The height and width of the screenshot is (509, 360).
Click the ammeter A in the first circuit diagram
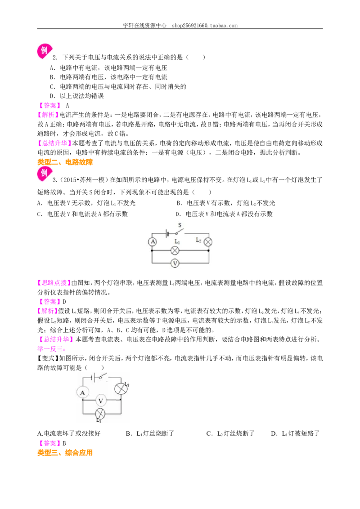coord(153,241)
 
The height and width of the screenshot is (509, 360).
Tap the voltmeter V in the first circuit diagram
coord(175,263)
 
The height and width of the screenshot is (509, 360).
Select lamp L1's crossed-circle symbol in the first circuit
coord(175,250)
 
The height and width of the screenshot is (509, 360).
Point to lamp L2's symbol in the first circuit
coord(208,242)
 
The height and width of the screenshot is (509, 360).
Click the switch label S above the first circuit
coord(180,225)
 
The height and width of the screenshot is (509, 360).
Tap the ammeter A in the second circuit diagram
coord(82,393)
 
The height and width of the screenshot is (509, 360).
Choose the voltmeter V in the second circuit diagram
coord(100,401)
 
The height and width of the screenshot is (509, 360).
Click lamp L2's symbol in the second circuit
coord(121,388)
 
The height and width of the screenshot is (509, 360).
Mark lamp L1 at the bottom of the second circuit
coord(100,414)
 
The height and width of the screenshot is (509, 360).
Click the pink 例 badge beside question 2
coord(44,51)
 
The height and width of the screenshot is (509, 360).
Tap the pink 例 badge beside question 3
coord(44,174)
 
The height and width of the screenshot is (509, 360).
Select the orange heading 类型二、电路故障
coord(65,162)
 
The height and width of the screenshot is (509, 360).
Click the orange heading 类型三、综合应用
coord(65,452)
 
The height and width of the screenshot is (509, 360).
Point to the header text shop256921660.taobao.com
coord(205,25)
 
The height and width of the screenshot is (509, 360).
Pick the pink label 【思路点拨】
coord(54,283)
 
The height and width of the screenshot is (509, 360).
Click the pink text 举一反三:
coord(51,349)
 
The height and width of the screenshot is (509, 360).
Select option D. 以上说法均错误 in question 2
coord(76,96)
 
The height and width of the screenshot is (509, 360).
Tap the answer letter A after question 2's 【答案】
coord(67,106)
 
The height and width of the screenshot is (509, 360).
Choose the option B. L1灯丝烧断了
coord(150,433)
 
